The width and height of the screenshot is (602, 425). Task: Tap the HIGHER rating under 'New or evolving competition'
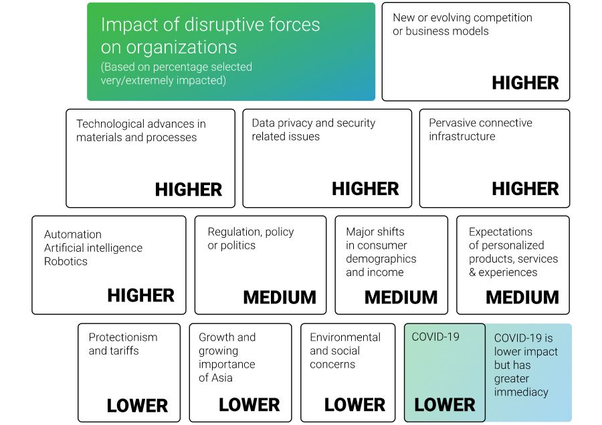click(525, 83)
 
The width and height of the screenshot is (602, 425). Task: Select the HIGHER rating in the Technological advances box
click(189, 190)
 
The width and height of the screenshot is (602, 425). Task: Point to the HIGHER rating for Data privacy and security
click(365, 188)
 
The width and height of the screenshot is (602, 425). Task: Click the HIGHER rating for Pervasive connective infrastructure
click(525, 188)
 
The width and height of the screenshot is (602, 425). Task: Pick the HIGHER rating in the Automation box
click(141, 295)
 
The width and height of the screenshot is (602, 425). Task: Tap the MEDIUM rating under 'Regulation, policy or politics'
click(280, 297)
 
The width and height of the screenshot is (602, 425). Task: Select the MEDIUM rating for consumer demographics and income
click(401, 297)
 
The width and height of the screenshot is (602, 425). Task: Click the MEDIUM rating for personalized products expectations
click(522, 297)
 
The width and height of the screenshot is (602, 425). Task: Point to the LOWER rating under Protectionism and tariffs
click(137, 406)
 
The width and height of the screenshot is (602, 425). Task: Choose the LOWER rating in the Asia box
click(249, 405)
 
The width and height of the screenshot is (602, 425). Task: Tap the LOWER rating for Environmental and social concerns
click(355, 405)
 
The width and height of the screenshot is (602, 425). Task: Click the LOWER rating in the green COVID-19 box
click(445, 405)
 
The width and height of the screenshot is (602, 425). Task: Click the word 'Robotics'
click(66, 261)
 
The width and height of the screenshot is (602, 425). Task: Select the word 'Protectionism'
click(123, 337)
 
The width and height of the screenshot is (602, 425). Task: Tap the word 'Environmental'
click(345, 337)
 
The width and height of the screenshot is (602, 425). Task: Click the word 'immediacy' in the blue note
click(521, 392)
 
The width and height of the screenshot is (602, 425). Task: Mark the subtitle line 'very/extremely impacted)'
click(163, 80)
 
